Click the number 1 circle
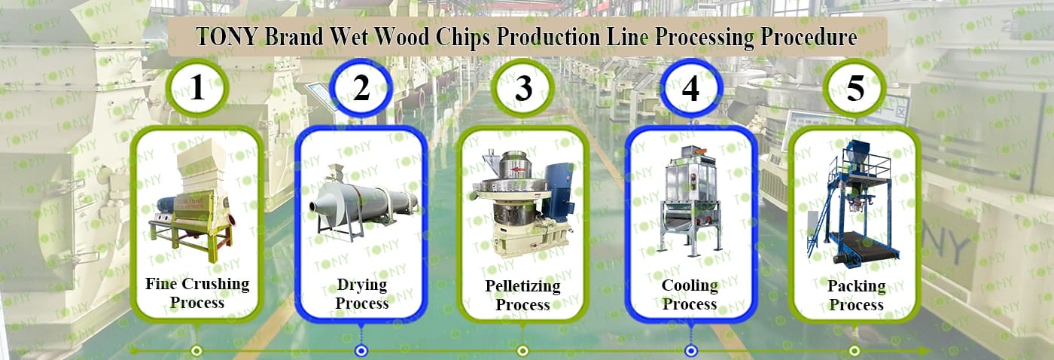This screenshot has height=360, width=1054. click(x=197, y=88)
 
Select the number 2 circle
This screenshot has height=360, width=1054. click(x=361, y=88)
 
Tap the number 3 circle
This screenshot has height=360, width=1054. click(x=522, y=88)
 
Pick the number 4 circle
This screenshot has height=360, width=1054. click(x=690, y=88)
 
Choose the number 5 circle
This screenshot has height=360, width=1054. click(x=855, y=88)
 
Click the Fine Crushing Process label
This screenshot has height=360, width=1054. click(x=197, y=293)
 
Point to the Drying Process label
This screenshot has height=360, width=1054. click(x=362, y=294)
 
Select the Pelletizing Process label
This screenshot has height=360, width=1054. click(x=522, y=295)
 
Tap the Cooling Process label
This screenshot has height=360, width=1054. click(x=690, y=294)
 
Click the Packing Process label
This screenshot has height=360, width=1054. click(x=857, y=295)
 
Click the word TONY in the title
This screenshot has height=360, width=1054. click(x=227, y=37)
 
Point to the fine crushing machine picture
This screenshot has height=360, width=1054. click(x=193, y=200)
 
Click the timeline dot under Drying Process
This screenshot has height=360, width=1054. click(x=361, y=351)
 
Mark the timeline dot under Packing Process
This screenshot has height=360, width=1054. click(x=854, y=351)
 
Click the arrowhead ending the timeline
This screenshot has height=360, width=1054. click(x=925, y=351)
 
